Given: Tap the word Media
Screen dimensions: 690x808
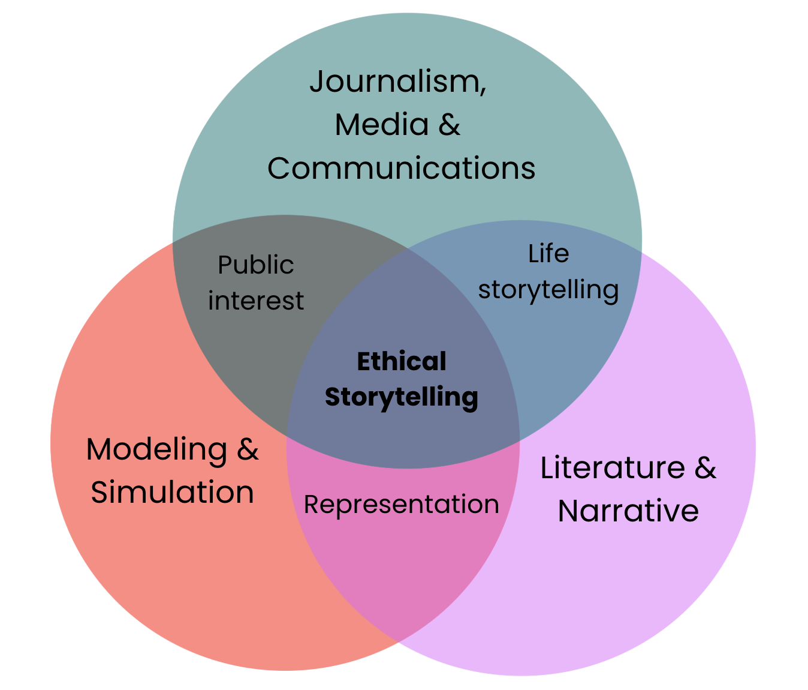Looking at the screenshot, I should pyautogui.click(x=382, y=125).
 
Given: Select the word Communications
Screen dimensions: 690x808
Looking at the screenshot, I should pyautogui.click(x=401, y=169).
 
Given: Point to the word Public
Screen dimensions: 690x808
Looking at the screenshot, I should pyautogui.click(x=255, y=265).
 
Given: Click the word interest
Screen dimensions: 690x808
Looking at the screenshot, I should pyautogui.click(x=256, y=301).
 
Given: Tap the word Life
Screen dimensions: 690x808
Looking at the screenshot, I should pyautogui.click(x=548, y=254).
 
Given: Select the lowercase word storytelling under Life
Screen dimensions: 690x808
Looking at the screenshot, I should pyautogui.click(x=548, y=290).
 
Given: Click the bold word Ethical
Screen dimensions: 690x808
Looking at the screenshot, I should pyautogui.click(x=401, y=362).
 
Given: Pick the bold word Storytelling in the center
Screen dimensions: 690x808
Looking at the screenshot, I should pyautogui.click(x=401, y=397).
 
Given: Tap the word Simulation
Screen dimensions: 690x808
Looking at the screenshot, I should pyautogui.click(x=173, y=493).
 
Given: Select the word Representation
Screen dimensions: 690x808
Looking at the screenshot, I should pyautogui.click(x=401, y=505).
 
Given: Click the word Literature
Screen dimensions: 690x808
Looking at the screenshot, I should pyautogui.click(x=613, y=468).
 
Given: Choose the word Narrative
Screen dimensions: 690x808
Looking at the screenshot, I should pyautogui.click(x=628, y=511).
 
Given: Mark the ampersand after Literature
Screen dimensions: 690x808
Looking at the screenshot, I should pyautogui.click(x=705, y=468).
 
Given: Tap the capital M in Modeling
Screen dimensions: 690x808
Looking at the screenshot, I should pyautogui.click(x=100, y=449).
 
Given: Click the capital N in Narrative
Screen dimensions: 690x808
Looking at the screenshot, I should pyautogui.click(x=569, y=511).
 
